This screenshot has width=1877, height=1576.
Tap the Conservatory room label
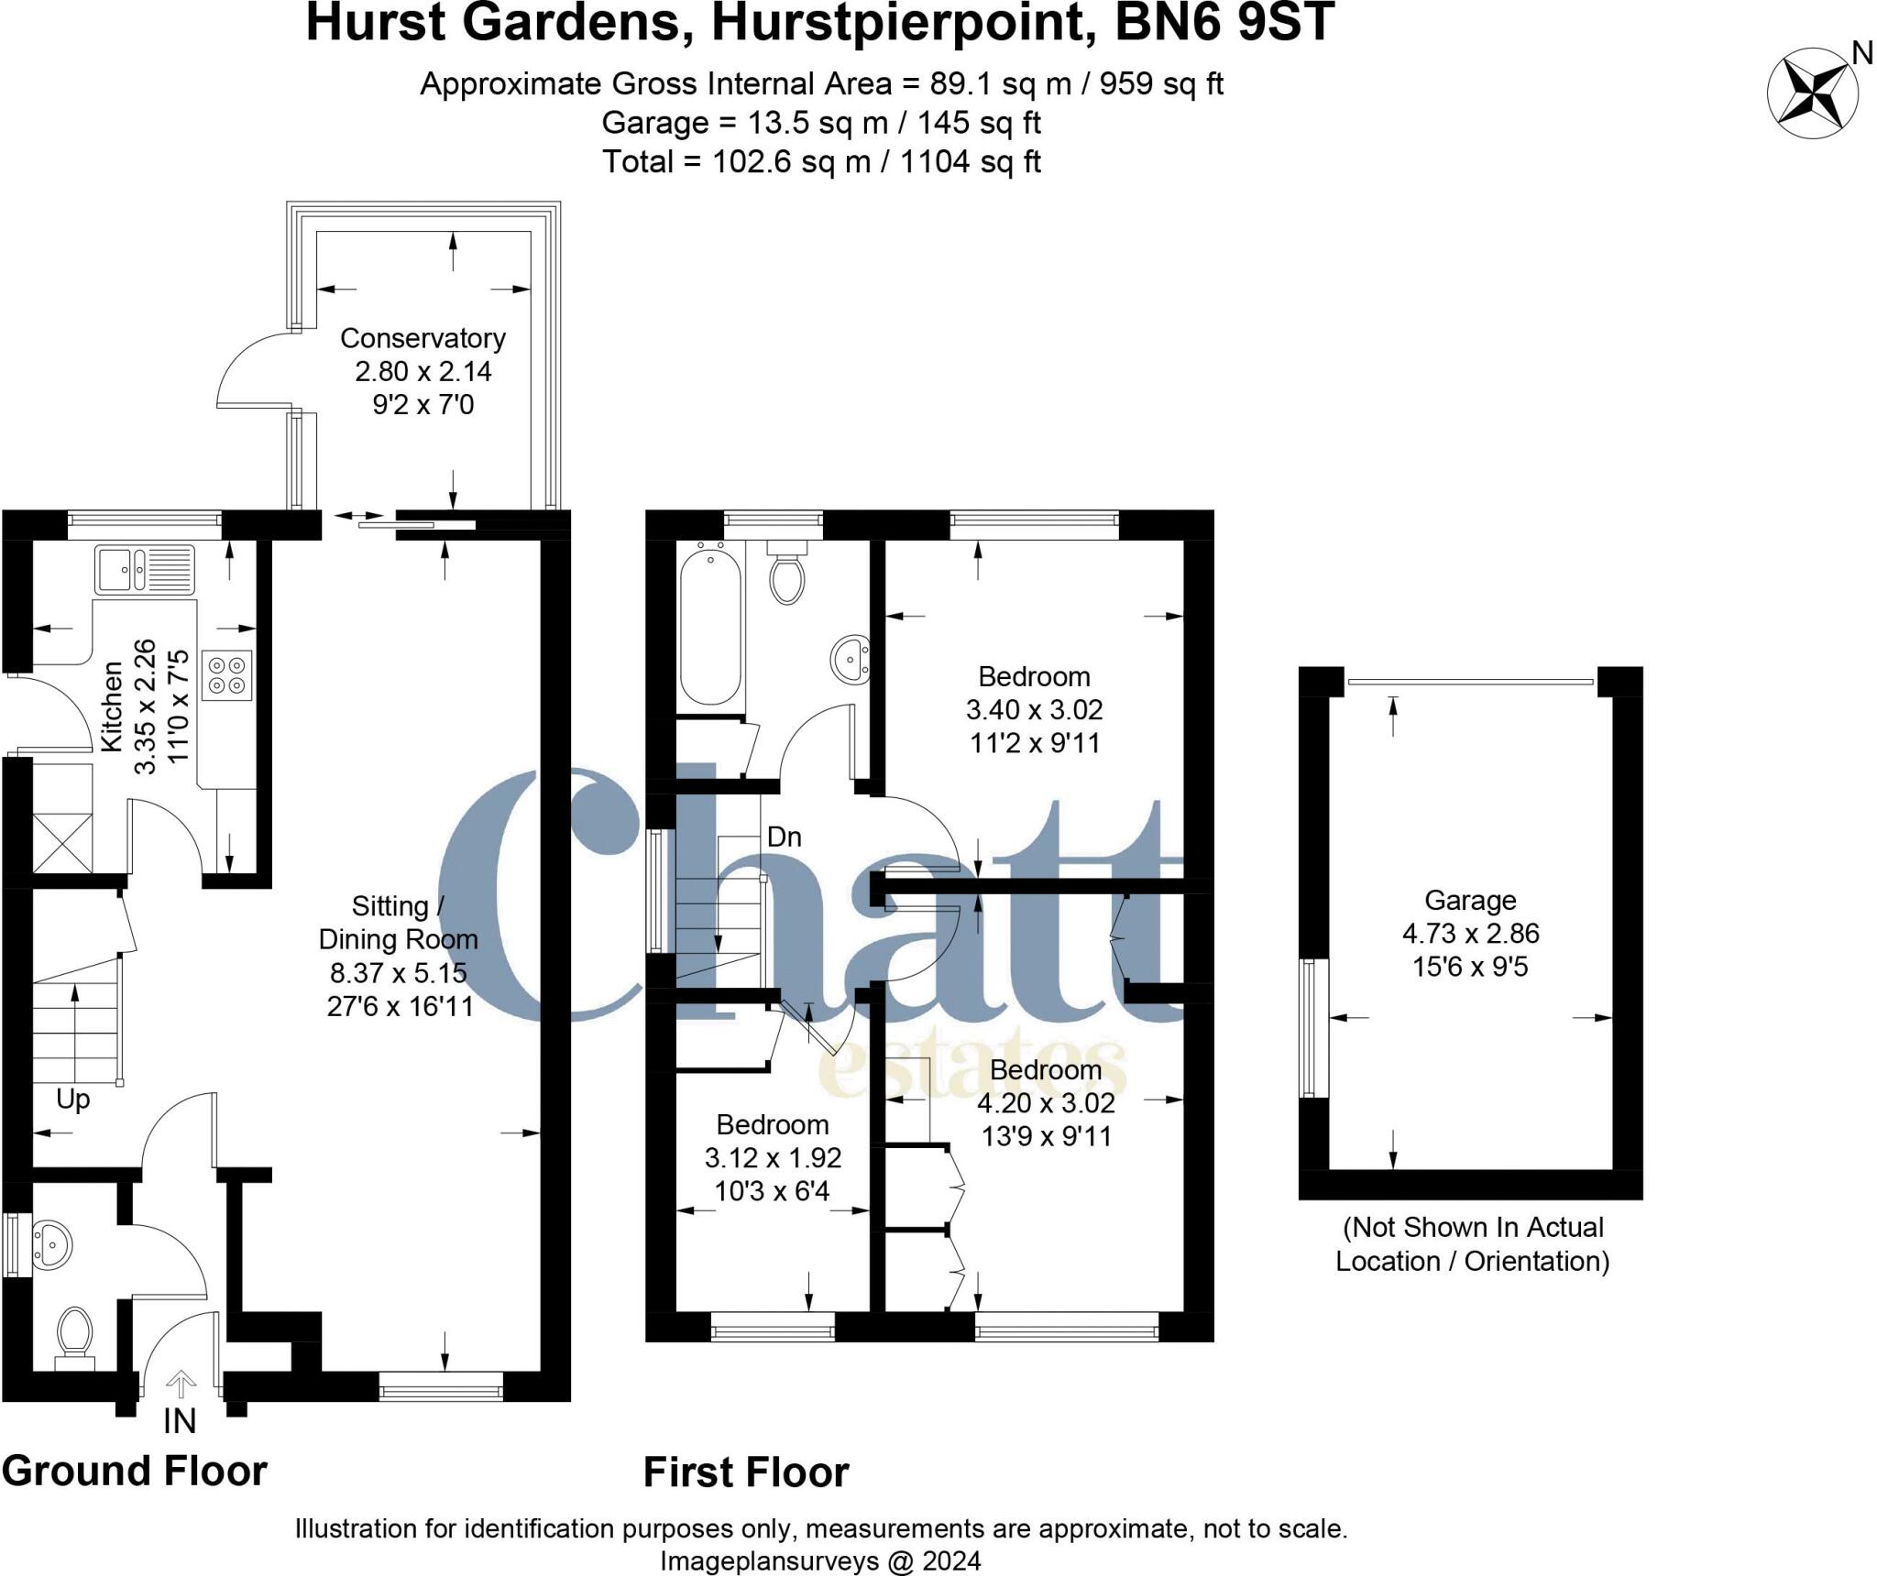423,338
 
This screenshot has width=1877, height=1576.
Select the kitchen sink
144,568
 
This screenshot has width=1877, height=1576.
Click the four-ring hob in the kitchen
226,675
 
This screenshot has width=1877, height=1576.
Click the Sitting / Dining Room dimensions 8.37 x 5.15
399,972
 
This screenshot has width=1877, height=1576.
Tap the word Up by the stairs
73,1099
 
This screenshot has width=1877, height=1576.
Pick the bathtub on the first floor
710,626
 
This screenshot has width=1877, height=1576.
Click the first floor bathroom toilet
786,572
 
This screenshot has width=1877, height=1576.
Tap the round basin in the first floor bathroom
851,658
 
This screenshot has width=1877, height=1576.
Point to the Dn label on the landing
784,837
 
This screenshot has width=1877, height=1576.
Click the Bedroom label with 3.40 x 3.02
1034,676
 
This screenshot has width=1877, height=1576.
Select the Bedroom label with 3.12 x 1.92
773,1124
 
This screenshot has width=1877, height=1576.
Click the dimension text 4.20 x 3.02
1047,1103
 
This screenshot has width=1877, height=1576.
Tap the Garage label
1470,900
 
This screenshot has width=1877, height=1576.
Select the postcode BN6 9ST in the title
1224,23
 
